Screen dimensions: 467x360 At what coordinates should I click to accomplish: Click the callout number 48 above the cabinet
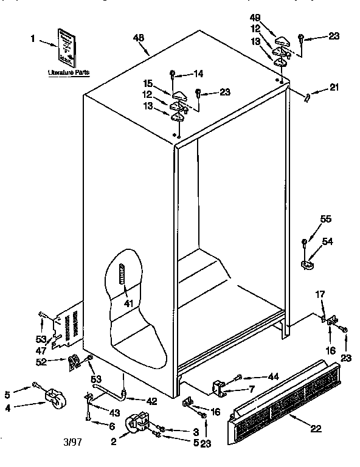coord(139,38)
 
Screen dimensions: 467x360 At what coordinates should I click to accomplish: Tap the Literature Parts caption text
coord(69,72)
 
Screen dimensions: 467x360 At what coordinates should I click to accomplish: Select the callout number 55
coord(326,220)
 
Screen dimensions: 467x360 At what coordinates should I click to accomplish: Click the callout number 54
coord(328,242)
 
